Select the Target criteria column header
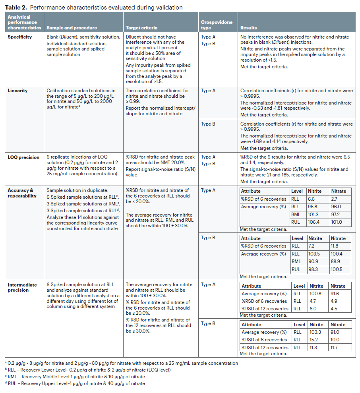(141, 28)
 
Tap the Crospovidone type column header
(217, 25)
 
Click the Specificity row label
(20, 37)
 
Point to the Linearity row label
(18, 91)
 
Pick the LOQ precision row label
(23, 157)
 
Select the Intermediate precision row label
(22, 287)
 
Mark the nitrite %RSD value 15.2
(315, 340)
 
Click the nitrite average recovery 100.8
(316, 294)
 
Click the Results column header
(249, 28)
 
